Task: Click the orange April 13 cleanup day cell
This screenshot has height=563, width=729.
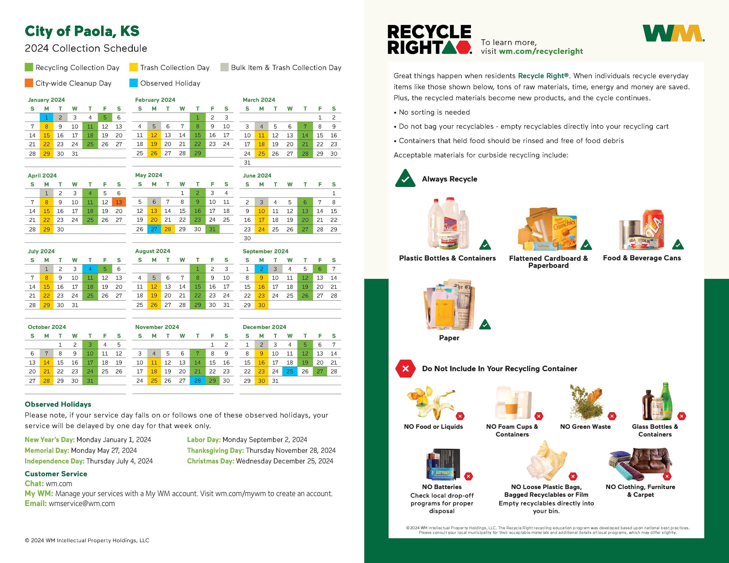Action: click(x=119, y=202)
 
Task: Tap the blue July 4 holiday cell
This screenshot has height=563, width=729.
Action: click(x=90, y=269)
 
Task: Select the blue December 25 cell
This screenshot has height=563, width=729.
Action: click(x=290, y=371)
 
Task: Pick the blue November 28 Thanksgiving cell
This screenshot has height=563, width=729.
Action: click(x=198, y=381)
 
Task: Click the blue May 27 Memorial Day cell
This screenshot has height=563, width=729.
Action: click(x=154, y=229)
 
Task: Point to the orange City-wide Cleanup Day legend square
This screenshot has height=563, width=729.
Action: click(x=29, y=83)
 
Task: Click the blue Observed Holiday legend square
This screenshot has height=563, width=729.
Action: click(x=133, y=83)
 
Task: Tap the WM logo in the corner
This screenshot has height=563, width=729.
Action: click(x=673, y=34)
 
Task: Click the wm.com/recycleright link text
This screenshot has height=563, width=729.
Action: click(x=541, y=51)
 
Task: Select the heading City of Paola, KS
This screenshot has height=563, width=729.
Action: click(x=82, y=31)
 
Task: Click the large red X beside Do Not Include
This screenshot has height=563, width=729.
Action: click(x=405, y=369)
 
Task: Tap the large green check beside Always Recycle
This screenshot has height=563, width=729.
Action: click(x=405, y=179)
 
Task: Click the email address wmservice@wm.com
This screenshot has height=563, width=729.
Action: click(x=82, y=504)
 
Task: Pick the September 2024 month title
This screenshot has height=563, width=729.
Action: click(x=265, y=251)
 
